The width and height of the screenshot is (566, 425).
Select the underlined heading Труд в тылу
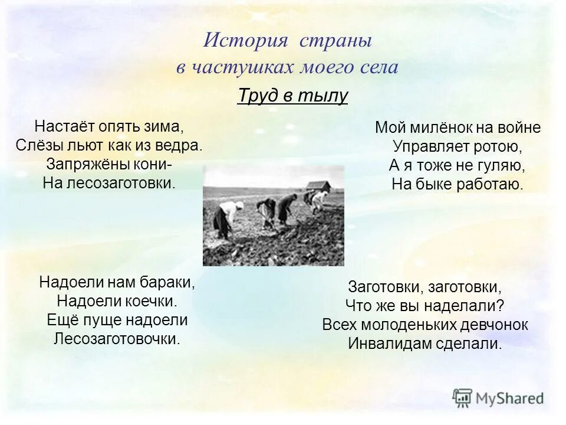point(292,96)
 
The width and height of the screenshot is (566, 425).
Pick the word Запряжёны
point(86,164)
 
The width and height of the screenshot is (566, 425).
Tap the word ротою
point(501,146)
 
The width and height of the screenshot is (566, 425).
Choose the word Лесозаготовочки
point(117,339)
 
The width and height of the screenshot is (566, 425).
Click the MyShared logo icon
point(462,397)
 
